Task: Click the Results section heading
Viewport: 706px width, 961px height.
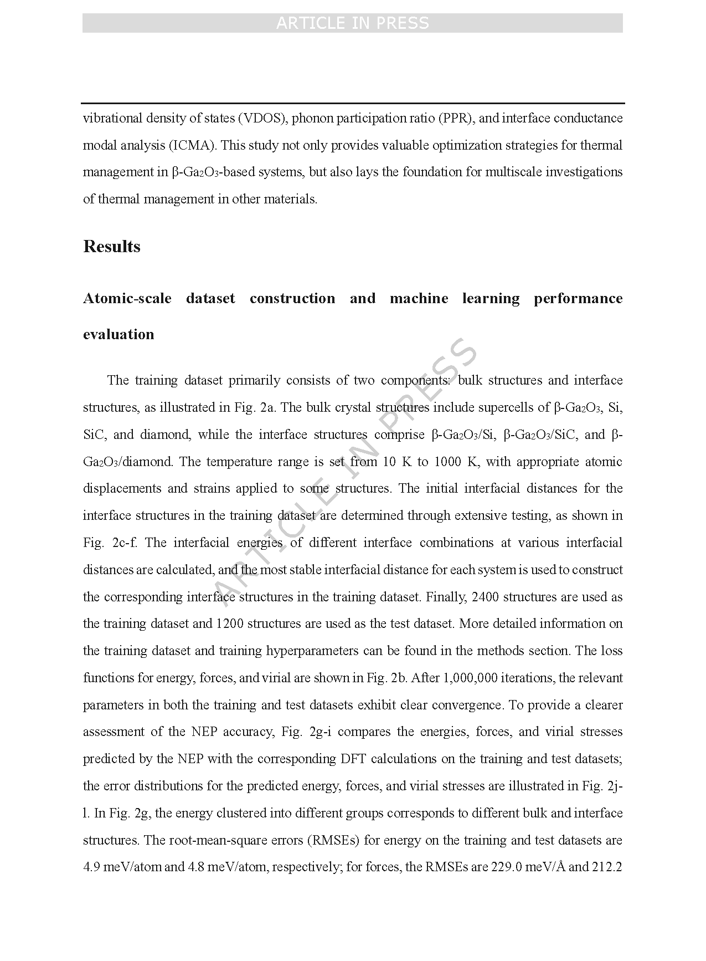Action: (111, 247)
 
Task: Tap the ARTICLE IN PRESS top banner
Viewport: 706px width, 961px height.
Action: (352, 23)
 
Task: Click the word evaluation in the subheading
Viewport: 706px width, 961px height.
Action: (118, 334)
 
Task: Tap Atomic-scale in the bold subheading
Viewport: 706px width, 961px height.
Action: (127, 299)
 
